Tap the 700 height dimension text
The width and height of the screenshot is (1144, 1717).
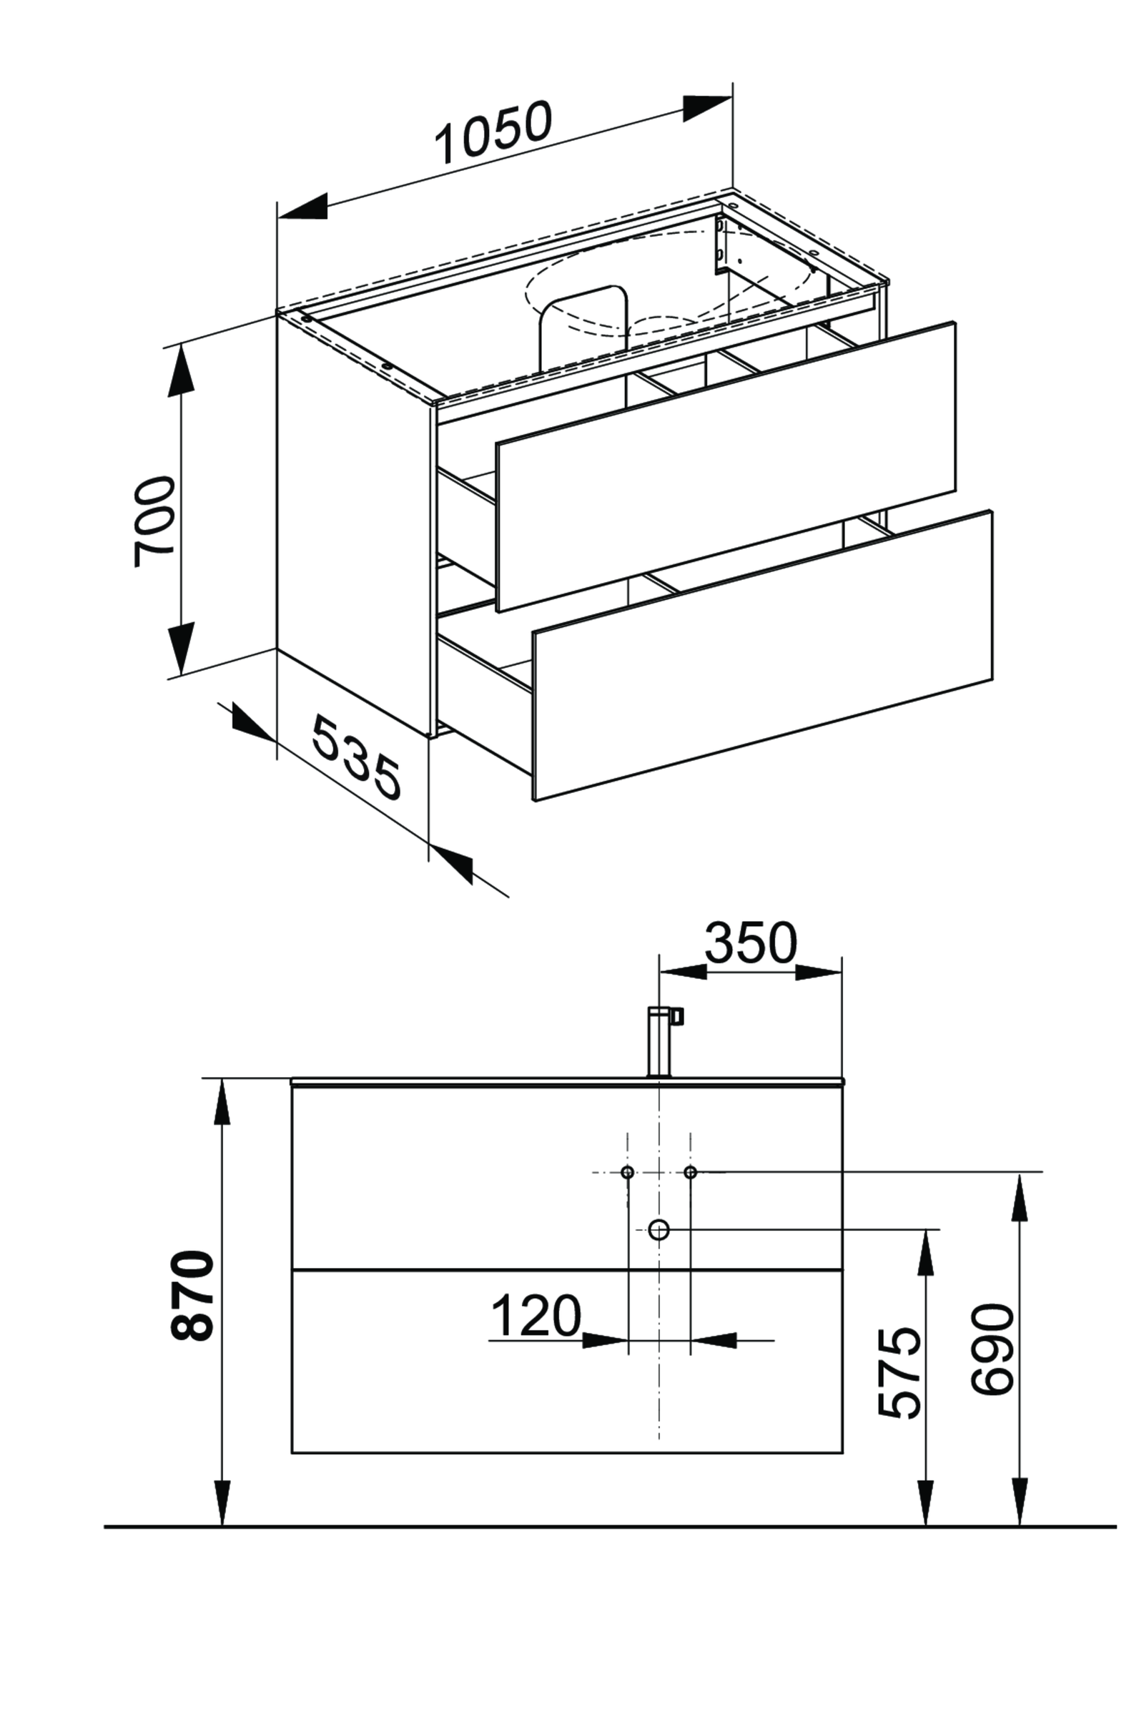tap(155, 521)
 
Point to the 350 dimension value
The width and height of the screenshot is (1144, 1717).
tap(750, 943)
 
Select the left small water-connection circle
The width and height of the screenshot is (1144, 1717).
tap(628, 1173)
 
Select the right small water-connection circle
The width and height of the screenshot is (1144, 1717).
tap(690, 1173)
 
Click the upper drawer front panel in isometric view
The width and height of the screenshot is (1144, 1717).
tap(725, 467)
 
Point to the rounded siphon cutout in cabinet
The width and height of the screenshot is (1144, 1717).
tap(583, 321)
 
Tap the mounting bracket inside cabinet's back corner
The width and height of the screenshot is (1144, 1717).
tap(721, 245)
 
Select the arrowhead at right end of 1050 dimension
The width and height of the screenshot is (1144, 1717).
tap(707, 108)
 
